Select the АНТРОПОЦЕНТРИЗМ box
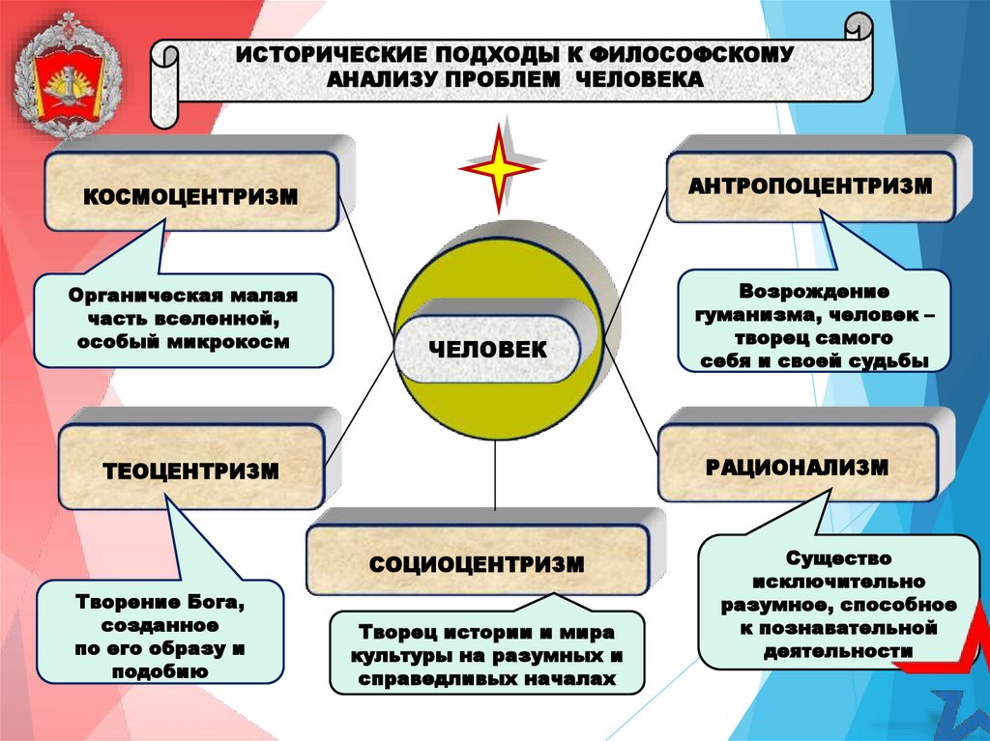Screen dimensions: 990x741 tap(810, 185)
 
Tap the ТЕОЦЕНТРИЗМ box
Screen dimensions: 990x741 tap(190, 471)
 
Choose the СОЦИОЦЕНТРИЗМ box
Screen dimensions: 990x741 tap(476, 563)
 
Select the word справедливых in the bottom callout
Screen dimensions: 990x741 tap(441, 680)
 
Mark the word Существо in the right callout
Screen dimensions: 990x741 tap(837, 558)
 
